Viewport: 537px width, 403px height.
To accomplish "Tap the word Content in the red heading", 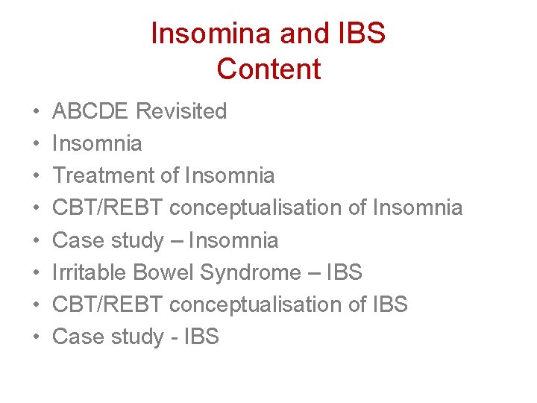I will [268, 69].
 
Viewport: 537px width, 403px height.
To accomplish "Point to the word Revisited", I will [182, 111].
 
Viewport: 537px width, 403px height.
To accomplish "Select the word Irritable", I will [89, 272].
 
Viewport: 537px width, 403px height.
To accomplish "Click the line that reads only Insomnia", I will [97, 143].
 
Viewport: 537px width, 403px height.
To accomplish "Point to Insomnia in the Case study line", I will [233, 240].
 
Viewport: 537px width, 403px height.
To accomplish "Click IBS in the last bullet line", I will [200, 337].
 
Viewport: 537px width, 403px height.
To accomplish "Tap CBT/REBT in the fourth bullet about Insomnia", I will [107, 207].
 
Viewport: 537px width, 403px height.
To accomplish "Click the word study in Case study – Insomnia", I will [137, 240].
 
